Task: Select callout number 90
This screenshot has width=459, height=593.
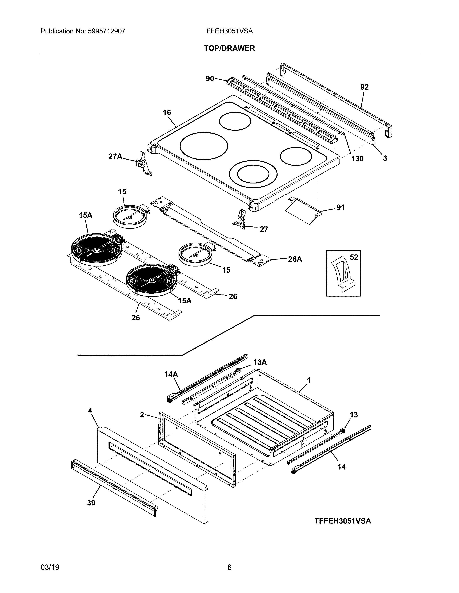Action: click(x=210, y=79)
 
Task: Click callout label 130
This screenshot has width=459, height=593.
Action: click(x=357, y=158)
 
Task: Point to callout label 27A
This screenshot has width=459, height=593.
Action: click(x=115, y=156)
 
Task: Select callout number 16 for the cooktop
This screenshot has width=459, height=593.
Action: click(x=167, y=112)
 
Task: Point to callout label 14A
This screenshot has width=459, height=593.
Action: click(x=171, y=374)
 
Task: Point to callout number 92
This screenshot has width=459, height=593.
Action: click(x=364, y=87)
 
